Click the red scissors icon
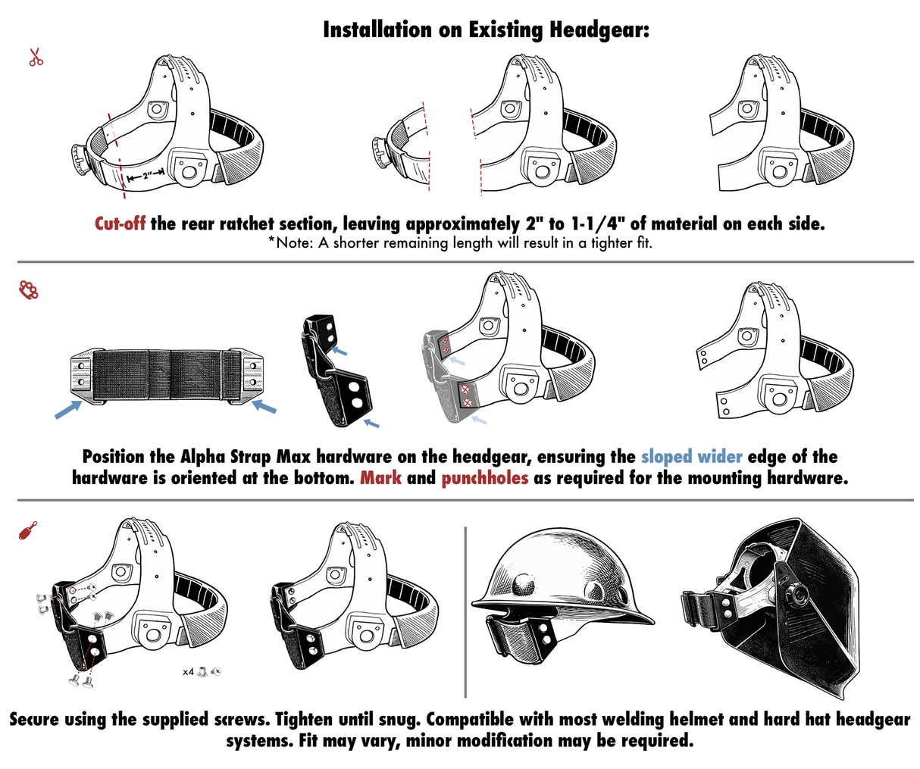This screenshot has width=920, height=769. tap(36, 57)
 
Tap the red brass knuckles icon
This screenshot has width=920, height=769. tap(29, 290)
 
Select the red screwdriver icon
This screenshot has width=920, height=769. tap(28, 530)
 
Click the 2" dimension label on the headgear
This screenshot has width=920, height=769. tap(146, 177)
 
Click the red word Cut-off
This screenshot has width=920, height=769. tap(120, 224)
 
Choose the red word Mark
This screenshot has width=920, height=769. tap(380, 478)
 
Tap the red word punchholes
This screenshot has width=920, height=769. tap(485, 478)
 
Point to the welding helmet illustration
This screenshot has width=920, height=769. tap(771, 608)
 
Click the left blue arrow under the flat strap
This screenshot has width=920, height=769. tap(68, 409)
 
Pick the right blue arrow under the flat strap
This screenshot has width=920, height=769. tap(264, 406)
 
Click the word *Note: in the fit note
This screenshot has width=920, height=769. tap(290, 242)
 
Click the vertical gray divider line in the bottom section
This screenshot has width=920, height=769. tap(465, 611)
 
